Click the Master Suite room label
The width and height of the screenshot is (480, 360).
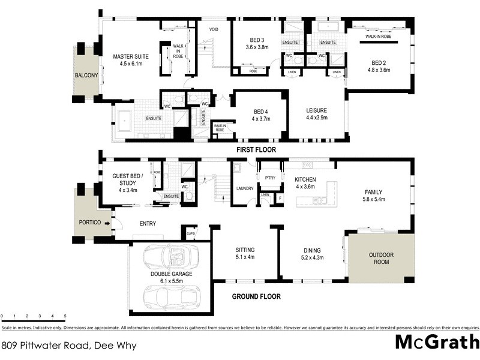(131, 58)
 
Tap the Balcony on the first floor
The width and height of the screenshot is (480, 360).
(86, 76)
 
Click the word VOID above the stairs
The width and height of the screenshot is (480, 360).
(214, 29)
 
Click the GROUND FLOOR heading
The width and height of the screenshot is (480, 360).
(256, 296)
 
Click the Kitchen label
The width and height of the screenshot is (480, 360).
(305, 179)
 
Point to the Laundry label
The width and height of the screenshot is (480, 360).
(245, 188)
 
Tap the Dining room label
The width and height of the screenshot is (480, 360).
(311, 250)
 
